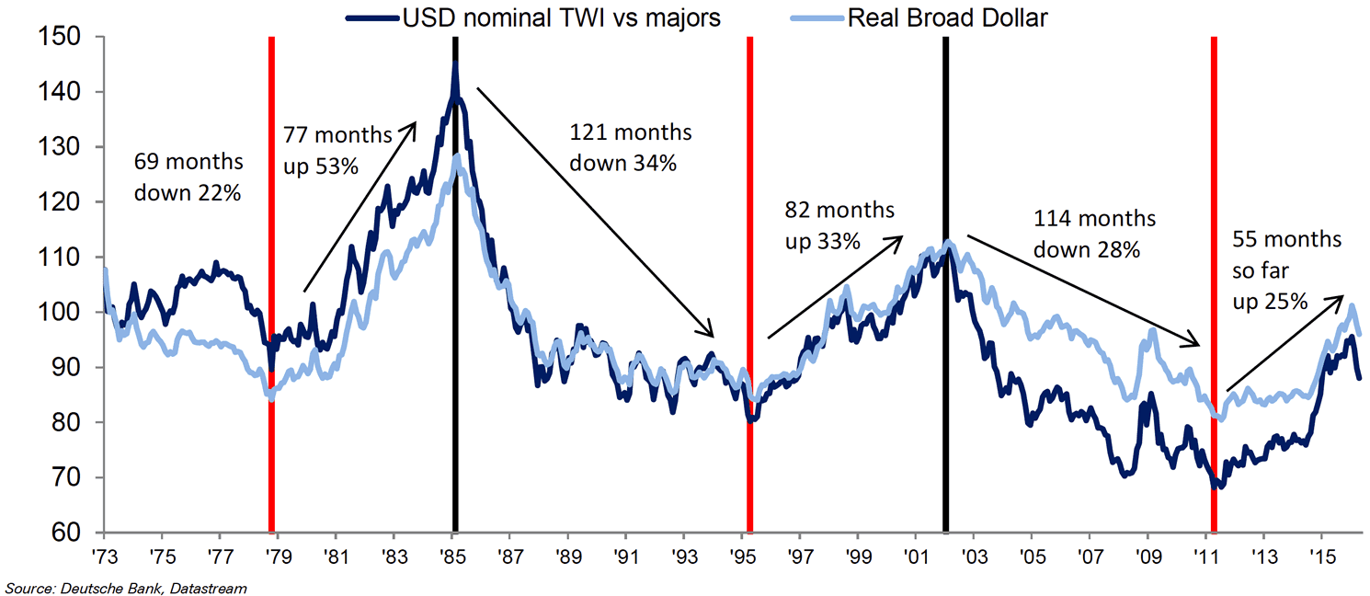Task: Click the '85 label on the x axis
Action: tap(452, 558)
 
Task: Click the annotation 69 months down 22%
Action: tap(188, 178)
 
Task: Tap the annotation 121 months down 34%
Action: tap(630, 148)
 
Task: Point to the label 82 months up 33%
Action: tap(838, 226)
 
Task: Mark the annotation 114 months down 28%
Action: tap(1094, 234)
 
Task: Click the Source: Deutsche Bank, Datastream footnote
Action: tap(126, 586)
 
